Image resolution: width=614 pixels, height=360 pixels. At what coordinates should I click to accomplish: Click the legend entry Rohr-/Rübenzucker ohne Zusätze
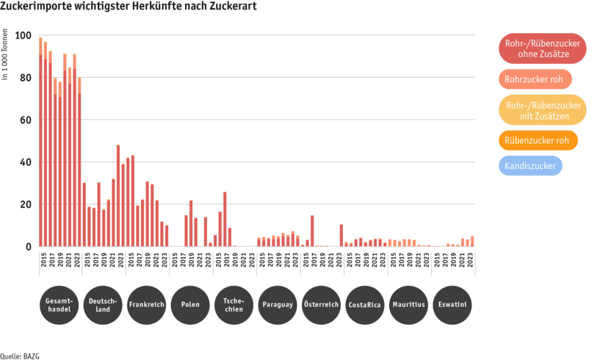[x=542, y=48]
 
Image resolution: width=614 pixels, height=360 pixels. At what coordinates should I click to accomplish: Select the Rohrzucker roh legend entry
[x=535, y=79]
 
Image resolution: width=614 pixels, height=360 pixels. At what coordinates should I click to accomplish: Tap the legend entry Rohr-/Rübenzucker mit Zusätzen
[x=542, y=109]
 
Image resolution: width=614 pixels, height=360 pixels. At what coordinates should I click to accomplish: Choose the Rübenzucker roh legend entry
[x=538, y=140]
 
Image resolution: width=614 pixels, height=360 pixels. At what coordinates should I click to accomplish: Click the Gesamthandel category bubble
[x=59, y=305]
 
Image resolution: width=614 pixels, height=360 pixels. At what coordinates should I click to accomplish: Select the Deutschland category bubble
[x=103, y=305]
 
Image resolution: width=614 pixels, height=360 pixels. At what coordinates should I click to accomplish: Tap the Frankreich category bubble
[x=146, y=305]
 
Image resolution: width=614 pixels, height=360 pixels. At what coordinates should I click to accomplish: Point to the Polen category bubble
[x=190, y=305]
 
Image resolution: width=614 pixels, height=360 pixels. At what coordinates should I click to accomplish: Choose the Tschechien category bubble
[x=234, y=305]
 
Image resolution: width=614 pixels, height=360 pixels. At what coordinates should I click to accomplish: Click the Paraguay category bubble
[x=278, y=305]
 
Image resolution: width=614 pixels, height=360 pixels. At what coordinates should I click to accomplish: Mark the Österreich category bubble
[x=321, y=305]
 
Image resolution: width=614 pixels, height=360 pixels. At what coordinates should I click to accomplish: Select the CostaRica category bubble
[x=365, y=305]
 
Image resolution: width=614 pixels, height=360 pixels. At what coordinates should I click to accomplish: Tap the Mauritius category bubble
[x=408, y=305]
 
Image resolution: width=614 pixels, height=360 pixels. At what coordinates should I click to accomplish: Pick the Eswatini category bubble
[x=452, y=305]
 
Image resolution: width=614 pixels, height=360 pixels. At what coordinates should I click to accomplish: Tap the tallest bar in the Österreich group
[x=312, y=231]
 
